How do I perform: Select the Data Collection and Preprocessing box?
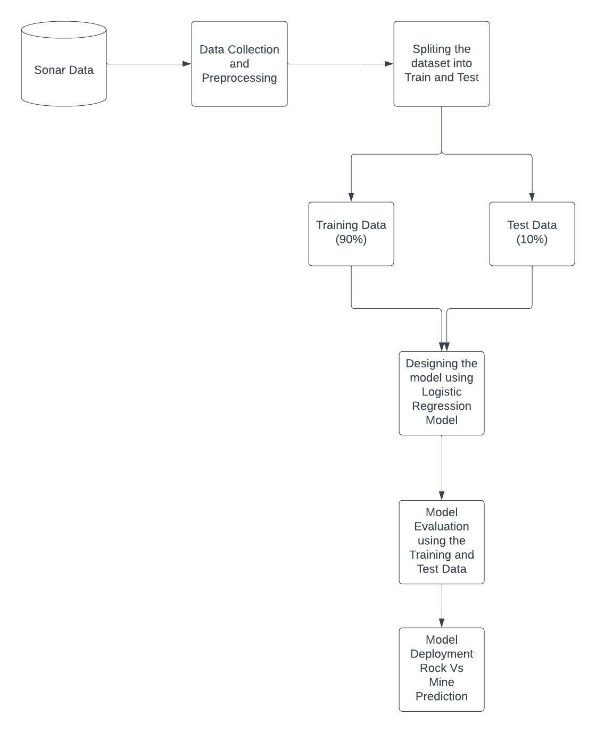[239, 64]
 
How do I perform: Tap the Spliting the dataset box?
[442, 64]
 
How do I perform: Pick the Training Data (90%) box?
[351, 233]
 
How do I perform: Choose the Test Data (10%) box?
[532, 233]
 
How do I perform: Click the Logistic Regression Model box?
[442, 393]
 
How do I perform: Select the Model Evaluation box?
[442, 542]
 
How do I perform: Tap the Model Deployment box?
[442, 669]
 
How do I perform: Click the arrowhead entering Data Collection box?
[187, 64]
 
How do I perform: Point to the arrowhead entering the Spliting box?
[389, 64]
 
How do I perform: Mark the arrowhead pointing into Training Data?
[351, 197]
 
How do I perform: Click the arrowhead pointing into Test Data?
[532, 197]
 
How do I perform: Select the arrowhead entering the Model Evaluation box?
[442, 495]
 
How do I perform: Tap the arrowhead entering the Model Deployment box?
[442, 623]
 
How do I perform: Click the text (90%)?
[351, 240]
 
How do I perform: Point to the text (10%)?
[532, 240]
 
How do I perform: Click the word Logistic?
[442, 392]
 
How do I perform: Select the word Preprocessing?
[239, 78]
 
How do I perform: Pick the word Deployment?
[442, 654]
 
